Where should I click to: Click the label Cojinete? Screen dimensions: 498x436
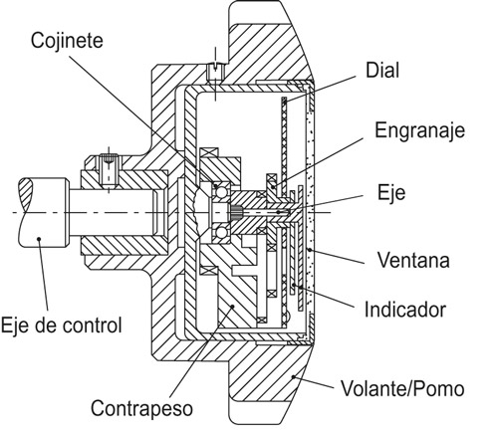(x=67, y=41)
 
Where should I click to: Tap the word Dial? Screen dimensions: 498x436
(x=382, y=71)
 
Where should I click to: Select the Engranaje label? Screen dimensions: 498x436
(x=420, y=130)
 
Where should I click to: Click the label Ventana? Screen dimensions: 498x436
(x=413, y=260)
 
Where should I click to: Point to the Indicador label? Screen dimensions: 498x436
(x=405, y=310)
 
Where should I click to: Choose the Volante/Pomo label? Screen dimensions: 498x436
(x=402, y=388)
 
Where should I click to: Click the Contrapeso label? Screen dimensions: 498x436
(x=141, y=408)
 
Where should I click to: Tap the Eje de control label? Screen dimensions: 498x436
(x=62, y=325)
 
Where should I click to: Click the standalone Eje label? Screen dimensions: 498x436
(x=391, y=192)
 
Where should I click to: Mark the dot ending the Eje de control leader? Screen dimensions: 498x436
(x=39, y=238)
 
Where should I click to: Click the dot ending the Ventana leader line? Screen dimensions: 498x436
(x=310, y=250)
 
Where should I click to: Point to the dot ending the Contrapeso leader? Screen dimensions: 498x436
(x=233, y=307)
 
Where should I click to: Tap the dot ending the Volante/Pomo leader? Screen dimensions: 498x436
(x=293, y=376)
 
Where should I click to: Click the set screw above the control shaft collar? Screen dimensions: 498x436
(x=109, y=170)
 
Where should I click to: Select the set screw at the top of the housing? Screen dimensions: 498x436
(x=215, y=72)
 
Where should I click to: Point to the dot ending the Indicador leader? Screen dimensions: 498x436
(x=294, y=285)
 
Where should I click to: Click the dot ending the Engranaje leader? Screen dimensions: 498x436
(x=273, y=187)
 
